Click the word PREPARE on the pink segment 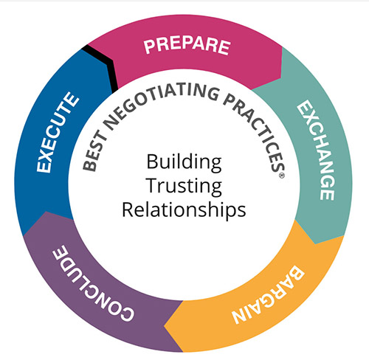click(187, 46)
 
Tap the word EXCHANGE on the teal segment click(317, 150)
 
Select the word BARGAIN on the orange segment click(268, 295)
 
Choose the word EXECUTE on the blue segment click(58, 133)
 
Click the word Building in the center click(184, 162)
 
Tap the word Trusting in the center click(184, 186)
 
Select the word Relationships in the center click(184, 210)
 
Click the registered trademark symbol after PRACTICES click(282, 176)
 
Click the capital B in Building click(153, 162)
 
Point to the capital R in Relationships click(128, 210)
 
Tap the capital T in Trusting click(153, 185)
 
